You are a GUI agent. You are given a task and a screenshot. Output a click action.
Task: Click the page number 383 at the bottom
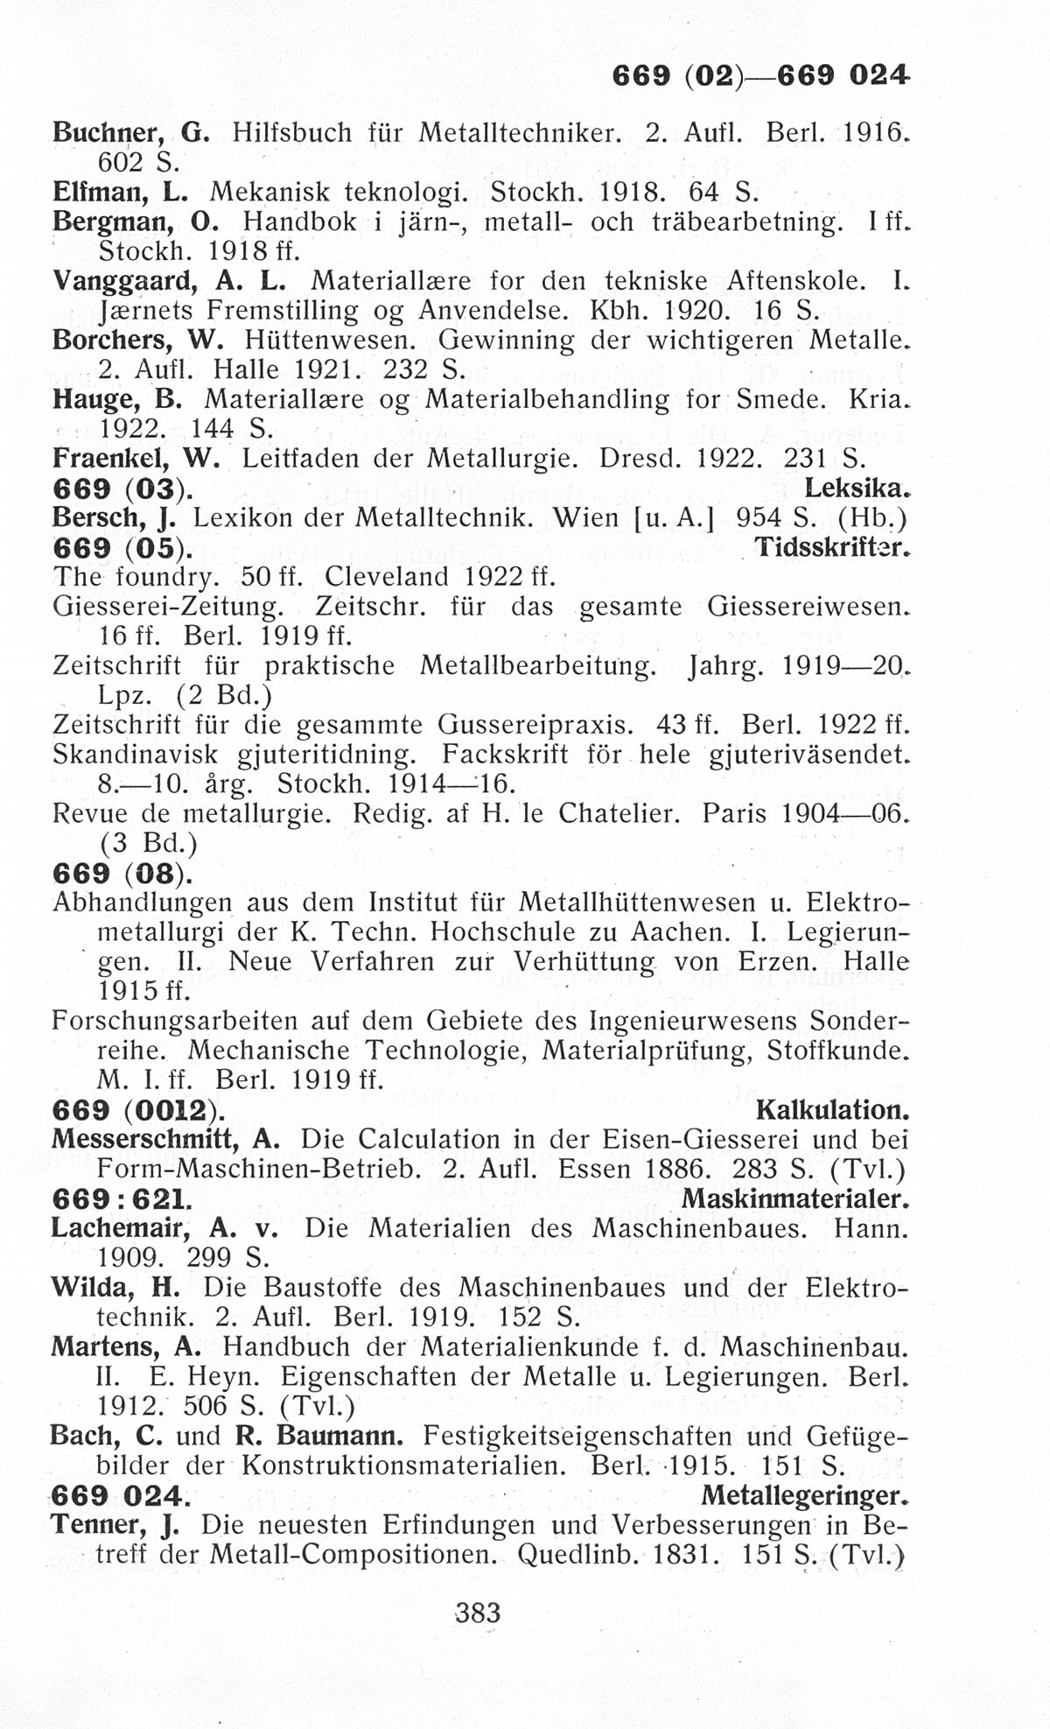point(478,1612)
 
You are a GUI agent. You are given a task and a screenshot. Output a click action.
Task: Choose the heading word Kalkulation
point(831,1110)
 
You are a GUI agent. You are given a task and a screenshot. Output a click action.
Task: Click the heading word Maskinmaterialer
point(794,1198)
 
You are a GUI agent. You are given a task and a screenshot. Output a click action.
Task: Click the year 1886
point(675,1169)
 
